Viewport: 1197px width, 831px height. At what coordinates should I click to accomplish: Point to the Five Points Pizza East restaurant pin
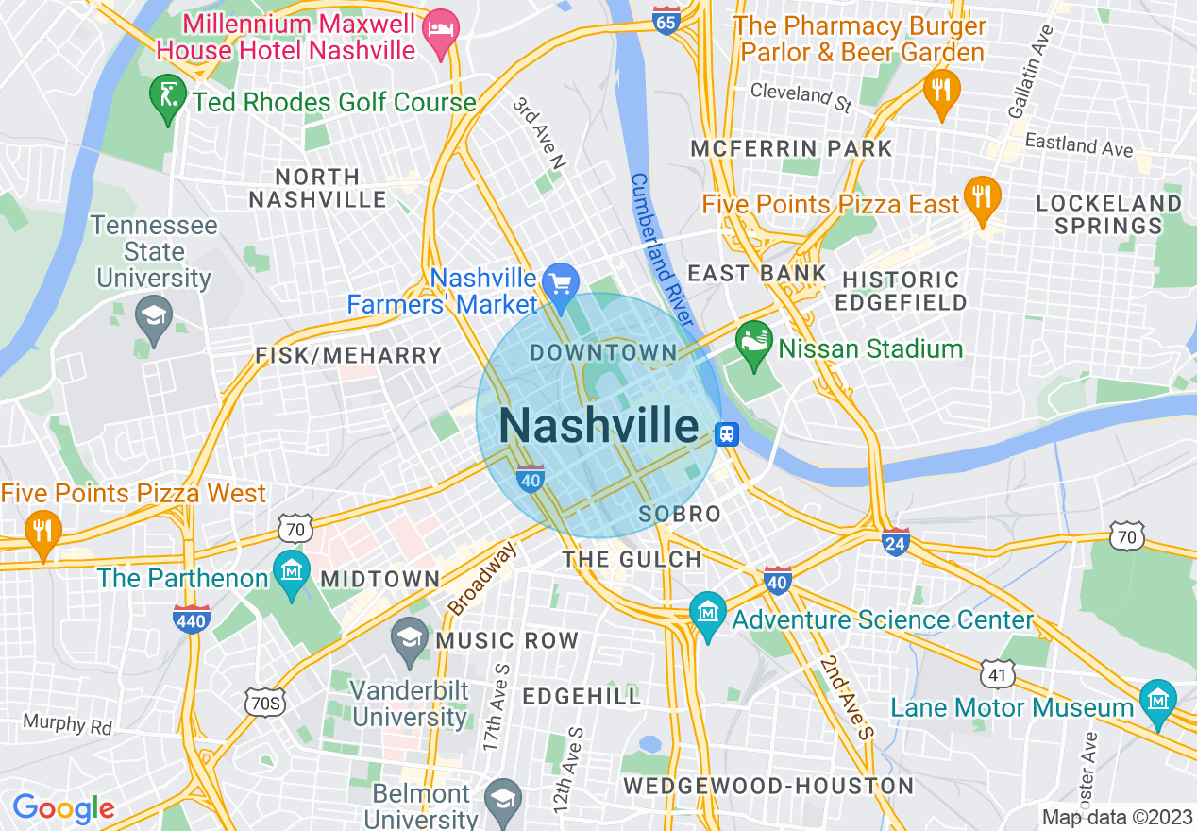983,196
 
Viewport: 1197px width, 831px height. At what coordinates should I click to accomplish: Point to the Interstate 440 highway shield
191,619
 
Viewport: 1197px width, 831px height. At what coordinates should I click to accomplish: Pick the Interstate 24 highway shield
895,541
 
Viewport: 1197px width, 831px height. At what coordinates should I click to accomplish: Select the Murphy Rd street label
68,725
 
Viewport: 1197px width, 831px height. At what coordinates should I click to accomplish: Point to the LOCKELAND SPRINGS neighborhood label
1109,214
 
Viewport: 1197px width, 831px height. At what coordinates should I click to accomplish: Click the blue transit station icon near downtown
726,434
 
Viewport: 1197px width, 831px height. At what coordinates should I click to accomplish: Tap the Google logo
63,808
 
